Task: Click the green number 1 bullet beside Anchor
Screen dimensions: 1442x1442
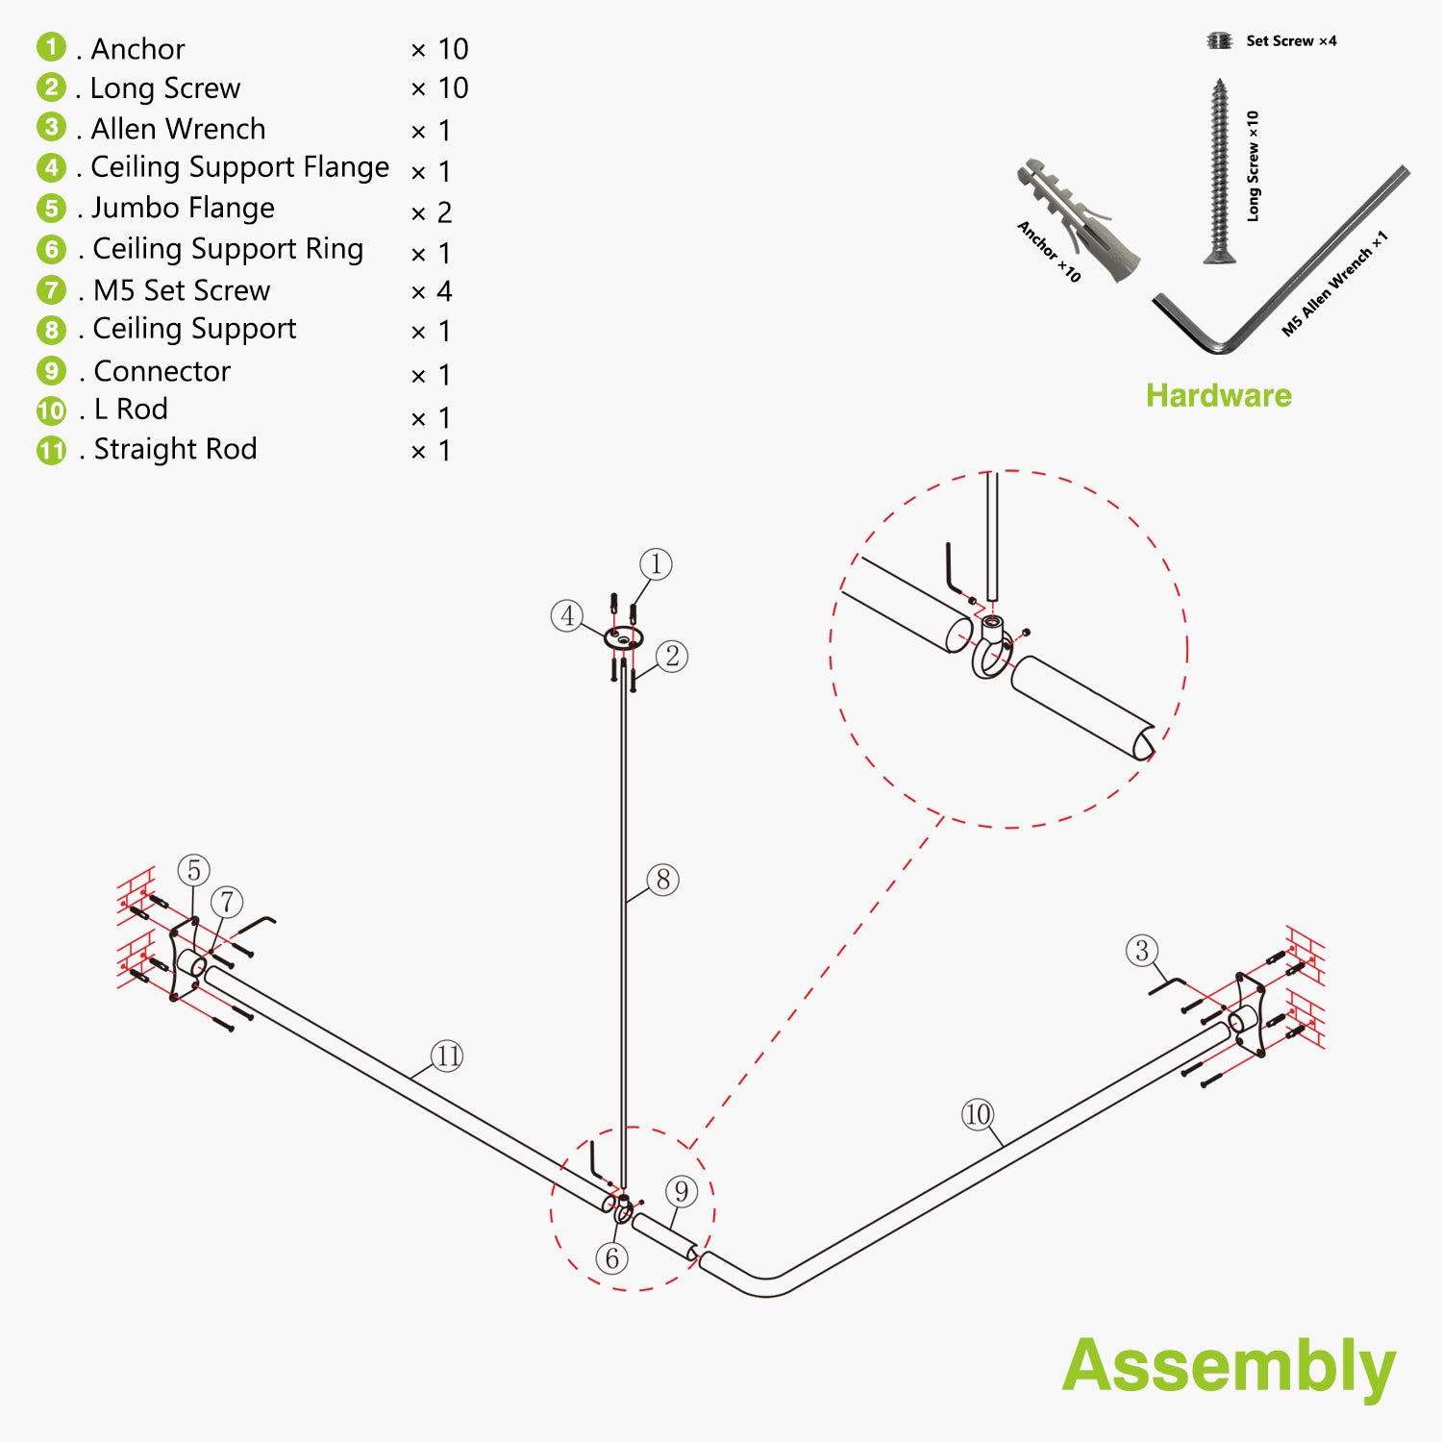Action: (51, 47)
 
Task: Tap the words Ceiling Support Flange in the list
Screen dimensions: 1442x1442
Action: (239, 167)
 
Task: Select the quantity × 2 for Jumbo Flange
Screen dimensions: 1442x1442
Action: (432, 212)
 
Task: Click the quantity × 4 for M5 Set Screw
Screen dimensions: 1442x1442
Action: (432, 291)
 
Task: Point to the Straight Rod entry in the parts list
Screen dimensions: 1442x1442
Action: (175, 449)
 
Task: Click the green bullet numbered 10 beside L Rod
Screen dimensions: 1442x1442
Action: (51, 410)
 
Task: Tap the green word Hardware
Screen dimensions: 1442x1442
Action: (1218, 395)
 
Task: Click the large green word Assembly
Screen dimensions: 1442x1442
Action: (1229, 1366)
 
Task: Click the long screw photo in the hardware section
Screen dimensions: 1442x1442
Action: (1219, 171)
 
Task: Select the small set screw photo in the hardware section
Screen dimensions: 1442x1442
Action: (1219, 40)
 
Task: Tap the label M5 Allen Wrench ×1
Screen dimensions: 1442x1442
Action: (1334, 284)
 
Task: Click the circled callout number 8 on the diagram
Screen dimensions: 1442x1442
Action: (663, 879)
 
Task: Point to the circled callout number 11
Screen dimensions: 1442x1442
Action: (447, 1056)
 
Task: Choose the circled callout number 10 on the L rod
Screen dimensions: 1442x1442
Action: (977, 1114)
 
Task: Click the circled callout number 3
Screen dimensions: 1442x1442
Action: (1141, 951)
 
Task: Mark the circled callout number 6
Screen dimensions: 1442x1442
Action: (612, 1257)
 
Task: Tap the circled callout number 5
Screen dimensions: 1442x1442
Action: (194, 870)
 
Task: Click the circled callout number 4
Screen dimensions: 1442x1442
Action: (567, 615)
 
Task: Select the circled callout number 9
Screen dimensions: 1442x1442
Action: (681, 1191)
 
